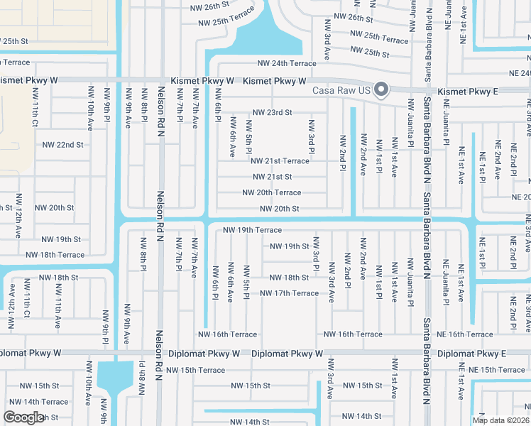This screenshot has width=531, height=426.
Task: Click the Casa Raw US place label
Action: [x=342, y=90]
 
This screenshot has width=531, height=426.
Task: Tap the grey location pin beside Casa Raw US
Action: [x=381, y=89]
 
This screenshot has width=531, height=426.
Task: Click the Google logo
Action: [x=23, y=417]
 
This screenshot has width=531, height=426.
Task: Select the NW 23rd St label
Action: [x=272, y=113]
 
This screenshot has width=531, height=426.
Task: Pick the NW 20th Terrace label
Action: [x=271, y=192]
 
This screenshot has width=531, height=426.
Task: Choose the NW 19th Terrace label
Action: [x=252, y=230]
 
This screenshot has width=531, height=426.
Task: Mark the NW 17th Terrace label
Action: [x=289, y=293]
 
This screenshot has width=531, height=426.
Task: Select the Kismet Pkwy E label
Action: [x=468, y=92]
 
